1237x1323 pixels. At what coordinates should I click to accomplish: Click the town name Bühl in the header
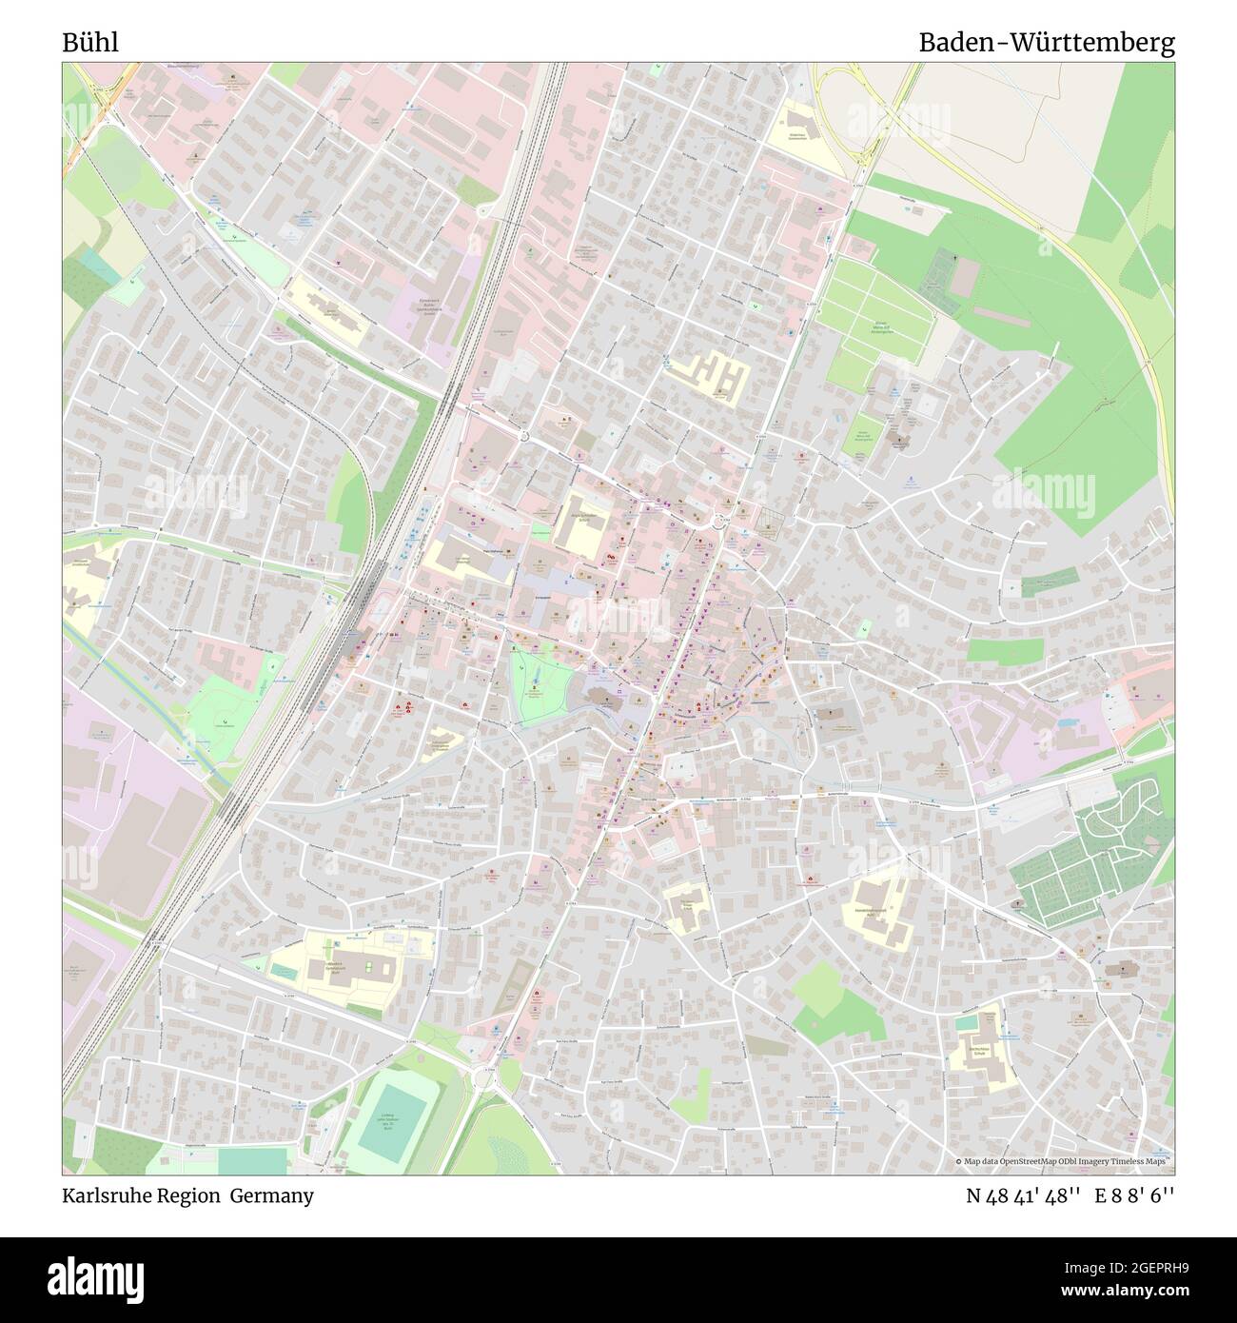tap(90, 43)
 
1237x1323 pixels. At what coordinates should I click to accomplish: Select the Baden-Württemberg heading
tap(1046, 43)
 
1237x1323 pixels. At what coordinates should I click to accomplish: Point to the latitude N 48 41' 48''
tap(1022, 1195)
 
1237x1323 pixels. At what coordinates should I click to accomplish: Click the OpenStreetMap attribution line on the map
tap(1062, 1161)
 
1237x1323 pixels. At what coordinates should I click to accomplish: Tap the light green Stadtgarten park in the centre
tap(539, 683)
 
